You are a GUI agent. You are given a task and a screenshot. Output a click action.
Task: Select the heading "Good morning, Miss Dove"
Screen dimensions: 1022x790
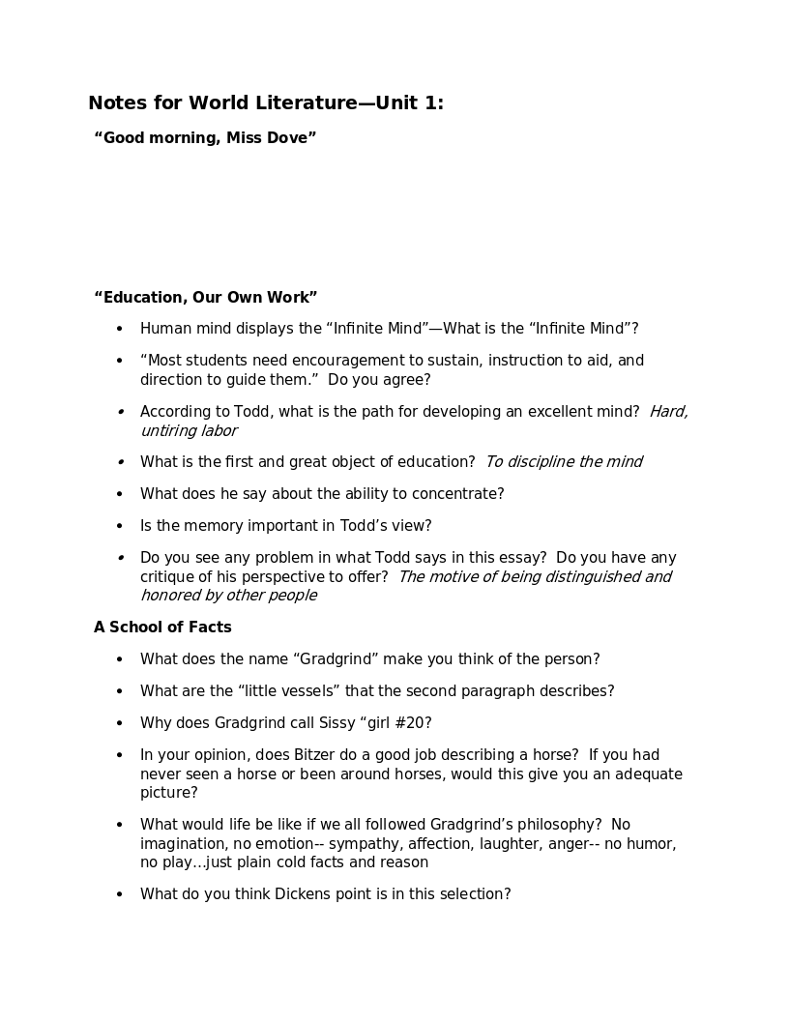tap(205, 138)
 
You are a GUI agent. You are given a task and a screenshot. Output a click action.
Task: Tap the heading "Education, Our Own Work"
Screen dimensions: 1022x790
tap(205, 298)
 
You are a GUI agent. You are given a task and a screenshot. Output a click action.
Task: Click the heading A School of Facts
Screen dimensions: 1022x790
tap(162, 628)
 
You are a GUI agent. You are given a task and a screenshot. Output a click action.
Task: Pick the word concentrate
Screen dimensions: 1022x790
tap(457, 494)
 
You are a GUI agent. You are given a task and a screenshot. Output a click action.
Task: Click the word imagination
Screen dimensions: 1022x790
tap(182, 844)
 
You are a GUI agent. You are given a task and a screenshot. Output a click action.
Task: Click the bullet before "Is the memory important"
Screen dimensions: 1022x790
tap(120, 526)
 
